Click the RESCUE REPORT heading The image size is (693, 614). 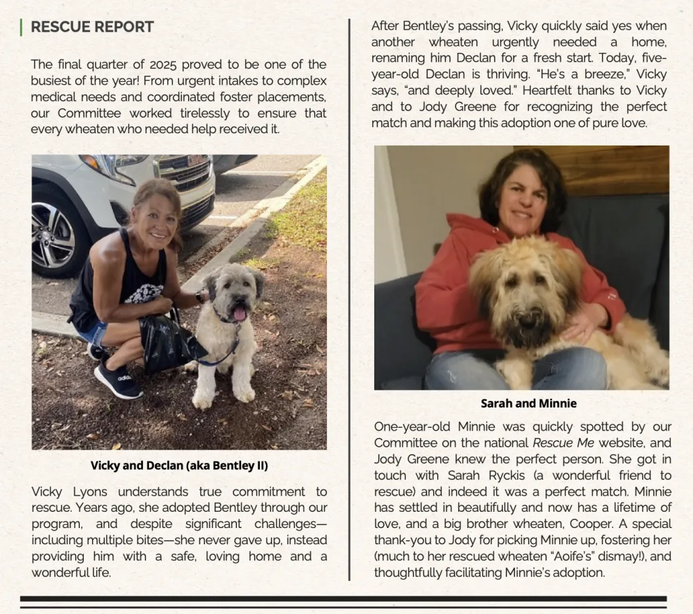click(x=92, y=27)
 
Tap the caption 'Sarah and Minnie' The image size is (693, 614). click(x=529, y=403)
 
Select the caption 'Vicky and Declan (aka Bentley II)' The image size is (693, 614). click(x=179, y=466)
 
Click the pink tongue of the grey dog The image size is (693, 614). click(x=239, y=313)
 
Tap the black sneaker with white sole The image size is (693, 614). click(x=117, y=380)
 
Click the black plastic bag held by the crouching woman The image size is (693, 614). click(x=165, y=345)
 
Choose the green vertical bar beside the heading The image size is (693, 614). click(x=22, y=27)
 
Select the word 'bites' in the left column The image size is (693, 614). click(x=134, y=540)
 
